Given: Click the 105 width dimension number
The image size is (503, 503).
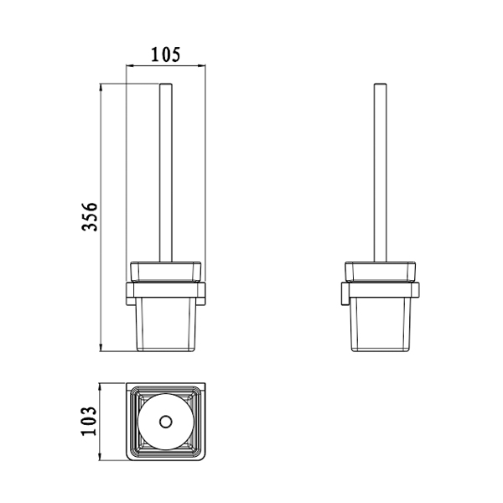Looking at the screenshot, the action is tap(165, 54).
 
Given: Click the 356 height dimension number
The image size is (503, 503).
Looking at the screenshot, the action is tap(90, 216).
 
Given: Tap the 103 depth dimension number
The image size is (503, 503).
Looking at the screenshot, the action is tap(89, 421).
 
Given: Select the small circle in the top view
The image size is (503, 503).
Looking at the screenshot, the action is tap(166, 422).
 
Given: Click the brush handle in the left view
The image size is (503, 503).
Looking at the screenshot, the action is tap(166, 173).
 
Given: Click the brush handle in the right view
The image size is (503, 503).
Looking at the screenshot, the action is tap(380, 173).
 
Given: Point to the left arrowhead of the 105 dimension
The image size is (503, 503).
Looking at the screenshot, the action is tap(130, 65).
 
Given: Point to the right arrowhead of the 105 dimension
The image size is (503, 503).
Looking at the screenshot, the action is tap(202, 65).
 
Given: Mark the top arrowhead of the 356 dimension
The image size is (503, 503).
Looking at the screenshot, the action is tap(101, 87).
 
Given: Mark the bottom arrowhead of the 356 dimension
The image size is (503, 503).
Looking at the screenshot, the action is tap(101, 348).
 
